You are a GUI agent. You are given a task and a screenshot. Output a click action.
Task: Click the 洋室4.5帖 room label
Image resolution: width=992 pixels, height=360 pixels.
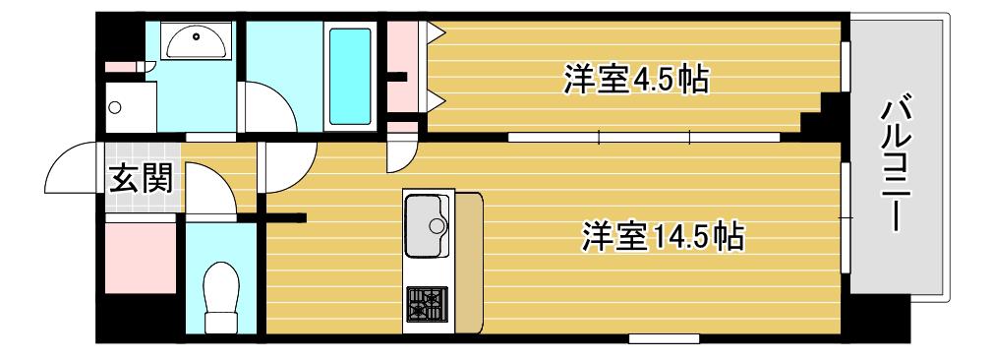click(636, 80)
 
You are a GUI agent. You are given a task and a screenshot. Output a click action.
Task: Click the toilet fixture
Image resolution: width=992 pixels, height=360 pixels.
click(220, 296)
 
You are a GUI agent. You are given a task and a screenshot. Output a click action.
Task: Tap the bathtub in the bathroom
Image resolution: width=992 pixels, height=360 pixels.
click(350, 76)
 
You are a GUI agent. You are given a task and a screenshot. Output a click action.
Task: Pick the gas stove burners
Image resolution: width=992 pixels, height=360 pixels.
click(427, 304)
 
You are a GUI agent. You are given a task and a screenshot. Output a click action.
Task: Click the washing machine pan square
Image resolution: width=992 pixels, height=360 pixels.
click(131, 107)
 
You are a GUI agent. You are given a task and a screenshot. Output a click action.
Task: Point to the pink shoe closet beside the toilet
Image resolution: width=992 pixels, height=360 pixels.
click(140, 258)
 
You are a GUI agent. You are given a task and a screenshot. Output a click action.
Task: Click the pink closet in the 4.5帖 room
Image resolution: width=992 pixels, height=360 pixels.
click(402, 67)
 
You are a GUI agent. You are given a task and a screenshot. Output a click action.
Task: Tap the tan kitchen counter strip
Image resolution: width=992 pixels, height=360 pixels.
click(469, 263)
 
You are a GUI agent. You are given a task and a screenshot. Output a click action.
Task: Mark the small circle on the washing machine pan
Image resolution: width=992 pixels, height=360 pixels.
click(114, 107)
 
